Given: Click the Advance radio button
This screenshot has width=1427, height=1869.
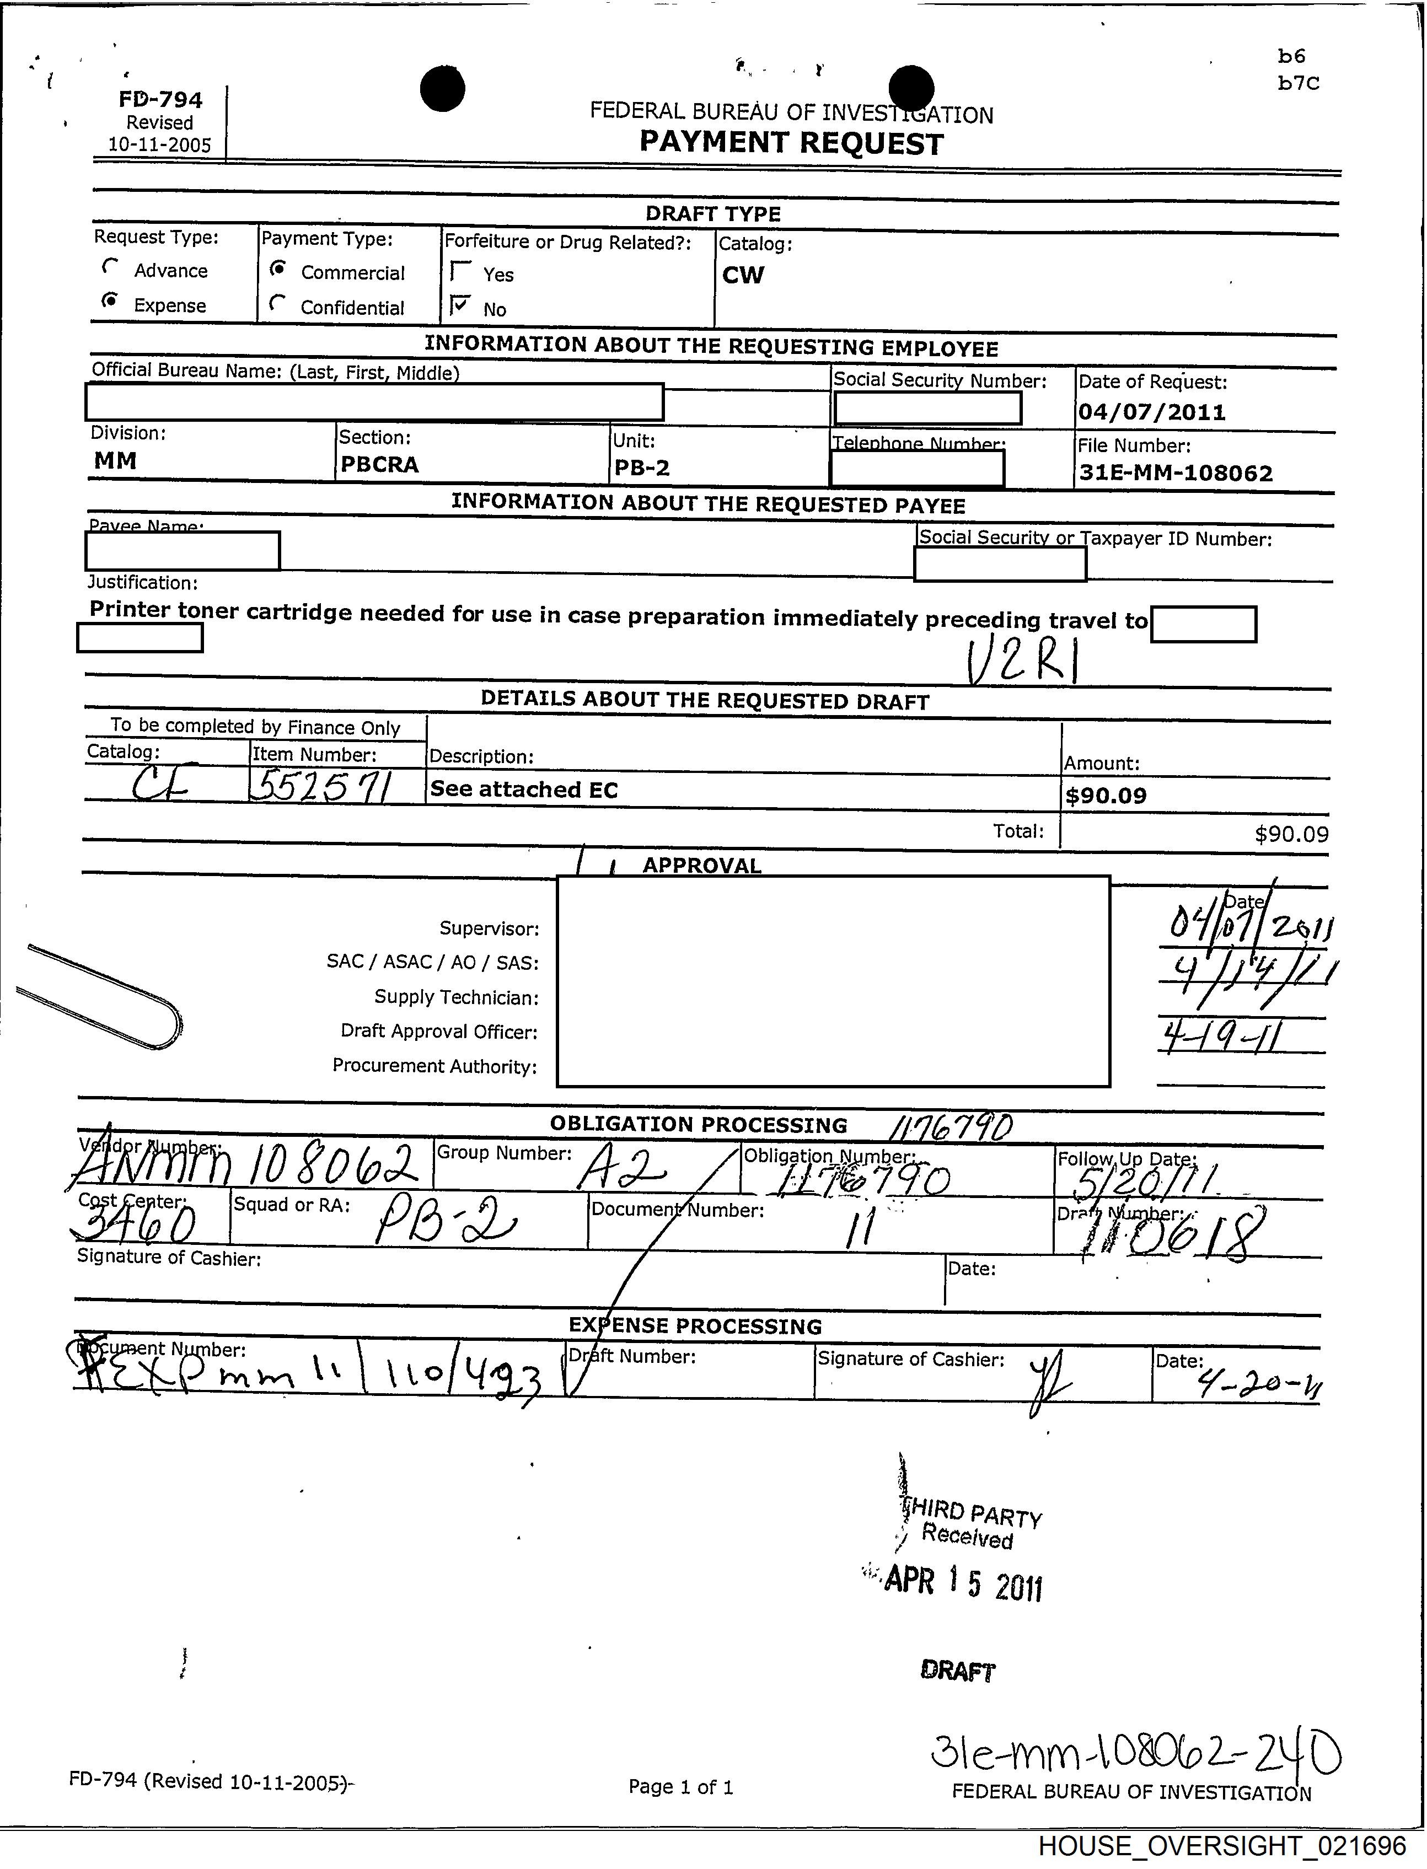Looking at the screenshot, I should (x=109, y=267).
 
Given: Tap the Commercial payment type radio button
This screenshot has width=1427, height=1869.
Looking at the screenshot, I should (x=277, y=269).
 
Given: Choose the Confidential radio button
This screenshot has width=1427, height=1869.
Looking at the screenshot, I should (x=276, y=303).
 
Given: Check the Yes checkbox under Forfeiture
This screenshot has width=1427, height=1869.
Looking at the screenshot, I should (x=461, y=271).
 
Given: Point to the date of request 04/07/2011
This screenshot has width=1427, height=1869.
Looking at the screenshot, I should (x=1152, y=413).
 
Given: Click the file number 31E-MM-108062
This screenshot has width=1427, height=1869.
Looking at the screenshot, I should (x=1176, y=473).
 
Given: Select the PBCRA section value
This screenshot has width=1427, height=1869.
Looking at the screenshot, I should (x=380, y=464).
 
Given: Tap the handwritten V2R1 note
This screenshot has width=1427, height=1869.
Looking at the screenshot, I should (x=1023, y=660).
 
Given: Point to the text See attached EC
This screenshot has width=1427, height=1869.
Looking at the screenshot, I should (x=524, y=790).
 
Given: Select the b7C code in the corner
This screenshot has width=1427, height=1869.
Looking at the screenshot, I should (x=1299, y=83).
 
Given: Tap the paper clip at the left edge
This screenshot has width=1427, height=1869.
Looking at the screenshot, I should (x=98, y=996).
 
